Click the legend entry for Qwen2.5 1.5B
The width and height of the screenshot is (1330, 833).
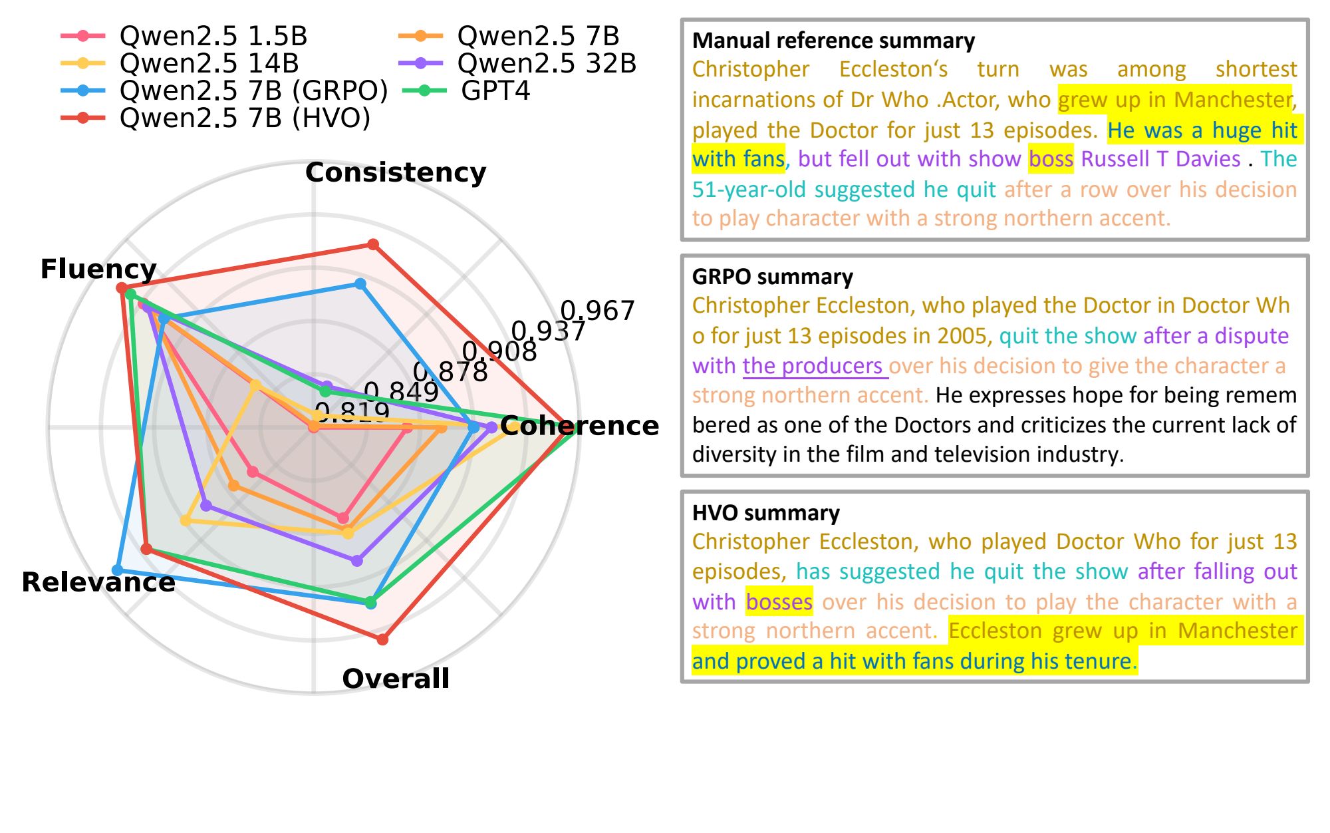[x=213, y=36]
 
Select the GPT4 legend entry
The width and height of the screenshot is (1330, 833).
[x=495, y=90]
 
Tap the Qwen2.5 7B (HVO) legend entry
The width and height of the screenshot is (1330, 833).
[x=245, y=118]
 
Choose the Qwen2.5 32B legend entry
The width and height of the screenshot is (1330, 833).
[x=546, y=63]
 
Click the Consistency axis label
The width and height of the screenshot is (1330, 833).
[x=396, y=172]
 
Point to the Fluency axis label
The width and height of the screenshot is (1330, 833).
[x=98, y=269]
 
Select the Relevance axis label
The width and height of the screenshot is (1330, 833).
[x=98, y=582]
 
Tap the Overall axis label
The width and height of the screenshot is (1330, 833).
[x=396, y=679]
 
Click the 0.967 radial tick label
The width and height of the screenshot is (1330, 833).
[x=597, y=311]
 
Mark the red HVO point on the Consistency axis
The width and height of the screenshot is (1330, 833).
[x=373, y=244]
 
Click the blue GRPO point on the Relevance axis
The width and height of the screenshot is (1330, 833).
[x=118, y=570]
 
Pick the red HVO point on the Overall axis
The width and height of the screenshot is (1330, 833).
[x=382, y=639]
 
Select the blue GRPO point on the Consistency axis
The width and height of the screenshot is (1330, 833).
[x=360, y=284]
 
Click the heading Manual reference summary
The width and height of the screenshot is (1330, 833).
[x=833, y=41]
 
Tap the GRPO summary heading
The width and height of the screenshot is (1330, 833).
[x=772, y=277]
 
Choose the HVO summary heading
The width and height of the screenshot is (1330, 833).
[x=765, y=513]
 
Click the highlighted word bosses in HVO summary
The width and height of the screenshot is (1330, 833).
[x=779, y=602]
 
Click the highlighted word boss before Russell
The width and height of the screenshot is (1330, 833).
[x=1050, y=159]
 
